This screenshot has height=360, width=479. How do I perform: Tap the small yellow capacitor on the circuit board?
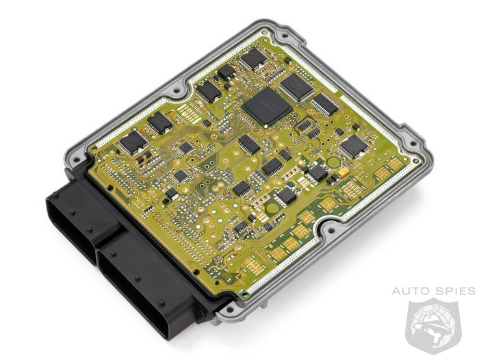(343, 172)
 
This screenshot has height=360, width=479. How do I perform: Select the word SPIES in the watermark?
(456, 291)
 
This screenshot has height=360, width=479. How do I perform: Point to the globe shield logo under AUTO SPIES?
(433, 326)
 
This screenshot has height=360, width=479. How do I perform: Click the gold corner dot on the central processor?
(266, 125)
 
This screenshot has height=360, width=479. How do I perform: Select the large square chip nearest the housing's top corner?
(296, 87)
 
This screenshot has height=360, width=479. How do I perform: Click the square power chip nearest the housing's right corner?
(354, 146)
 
